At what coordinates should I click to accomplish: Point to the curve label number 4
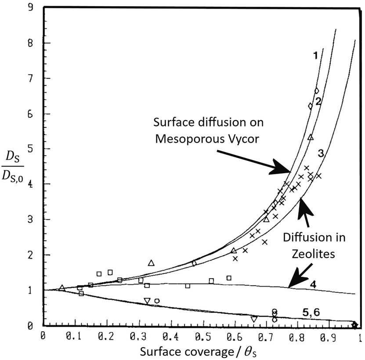(314, 284)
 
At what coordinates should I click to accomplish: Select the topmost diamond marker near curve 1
(316, 91)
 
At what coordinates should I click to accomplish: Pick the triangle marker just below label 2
(311, 137)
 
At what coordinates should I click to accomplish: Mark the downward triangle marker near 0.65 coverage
(254, 319)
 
